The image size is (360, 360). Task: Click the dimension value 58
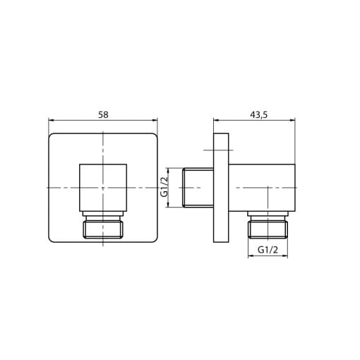[x=103, y=115]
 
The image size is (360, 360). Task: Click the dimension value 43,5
[x=258, y=115]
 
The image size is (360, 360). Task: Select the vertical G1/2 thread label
[x=164, y=187]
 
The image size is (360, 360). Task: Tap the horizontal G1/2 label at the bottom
[x=268, y=249]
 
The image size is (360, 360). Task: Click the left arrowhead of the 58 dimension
[x=51, y=121]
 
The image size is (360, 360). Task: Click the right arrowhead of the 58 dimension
[x=155, y=121]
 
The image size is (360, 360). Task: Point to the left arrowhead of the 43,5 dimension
[x=216, y=121]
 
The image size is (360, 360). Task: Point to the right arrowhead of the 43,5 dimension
[x=292, y=121]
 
